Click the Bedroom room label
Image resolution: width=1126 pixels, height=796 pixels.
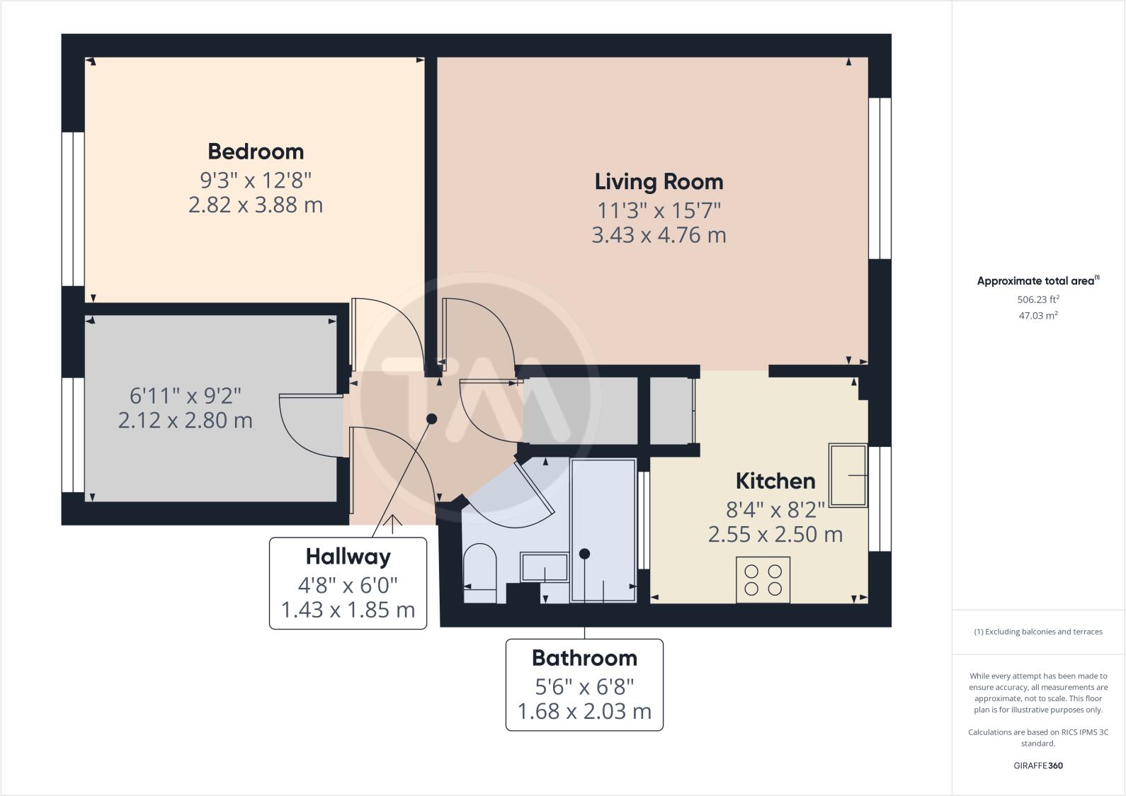[x=256, y=152]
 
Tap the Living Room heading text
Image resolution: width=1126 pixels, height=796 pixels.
[x=659, y=182]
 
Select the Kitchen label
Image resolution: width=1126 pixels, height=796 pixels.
[x=775, y=482]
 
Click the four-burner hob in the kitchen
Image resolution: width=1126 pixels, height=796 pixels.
[x=763, y=580]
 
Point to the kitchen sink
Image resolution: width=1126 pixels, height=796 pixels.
[x=848, y=475]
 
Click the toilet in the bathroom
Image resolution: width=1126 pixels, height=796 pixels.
[x=479, y=572]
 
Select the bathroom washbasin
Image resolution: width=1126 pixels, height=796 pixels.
[x=544, y=567]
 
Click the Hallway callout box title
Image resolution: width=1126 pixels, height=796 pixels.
[x=348, y=557]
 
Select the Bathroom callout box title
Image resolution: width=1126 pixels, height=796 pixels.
[x=584, y=658]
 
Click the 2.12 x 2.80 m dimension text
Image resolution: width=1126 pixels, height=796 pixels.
[x=185, y=421]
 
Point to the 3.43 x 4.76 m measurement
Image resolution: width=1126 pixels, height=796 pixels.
[x=659, y=235]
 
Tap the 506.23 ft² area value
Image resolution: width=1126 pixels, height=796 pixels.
[x=1038, y=300]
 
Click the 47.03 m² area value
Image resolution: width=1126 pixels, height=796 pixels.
[x=1038, y=316]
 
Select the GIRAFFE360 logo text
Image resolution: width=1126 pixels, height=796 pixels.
[x=1038, y=766]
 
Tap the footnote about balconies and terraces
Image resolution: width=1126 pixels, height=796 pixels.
[x=1038, y=632]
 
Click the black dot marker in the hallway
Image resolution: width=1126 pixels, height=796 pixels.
[x=431, y=419]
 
